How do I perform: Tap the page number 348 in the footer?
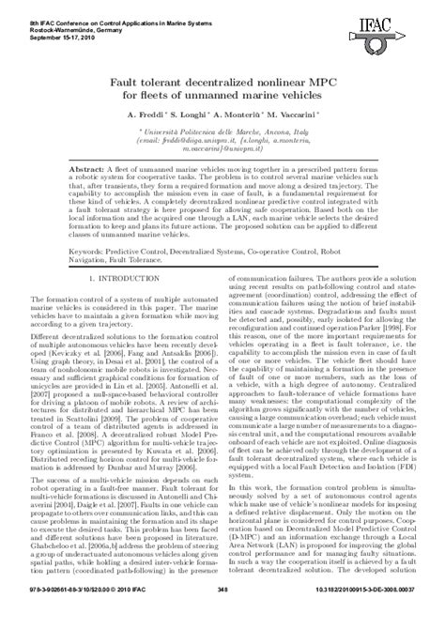[x=222, y=616]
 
